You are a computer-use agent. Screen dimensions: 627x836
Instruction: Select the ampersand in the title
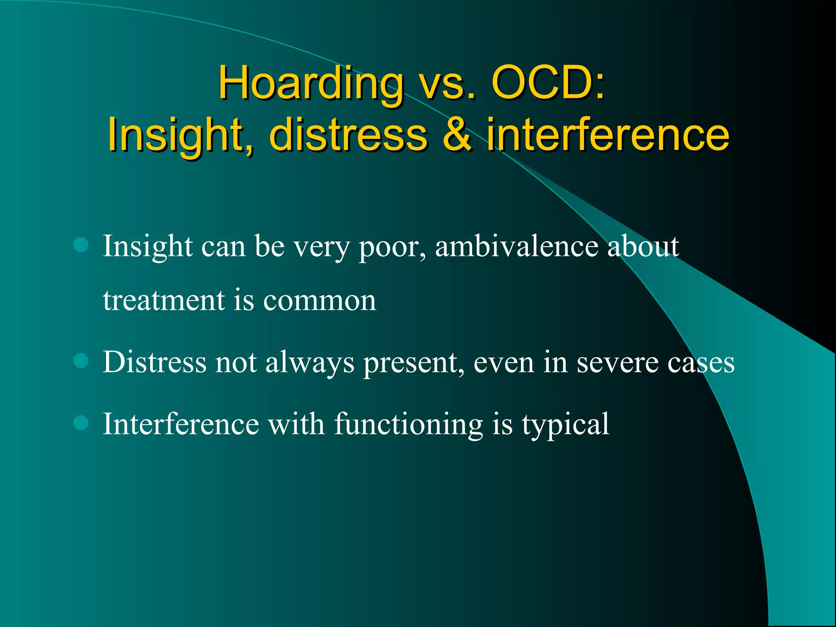[458, 134]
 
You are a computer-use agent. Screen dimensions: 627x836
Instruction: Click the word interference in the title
[608, 134]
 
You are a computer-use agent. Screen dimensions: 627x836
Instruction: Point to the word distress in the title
[348, 134]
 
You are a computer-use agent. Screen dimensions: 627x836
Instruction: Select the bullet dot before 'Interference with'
[81, 423]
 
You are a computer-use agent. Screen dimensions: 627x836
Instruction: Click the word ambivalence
[517, 246]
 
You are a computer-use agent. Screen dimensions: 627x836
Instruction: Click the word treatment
[164, 300]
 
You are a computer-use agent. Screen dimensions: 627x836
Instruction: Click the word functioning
[409, 425]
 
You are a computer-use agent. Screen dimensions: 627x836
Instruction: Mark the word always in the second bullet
[310, 362]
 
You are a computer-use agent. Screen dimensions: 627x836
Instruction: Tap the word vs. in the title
[448, 84]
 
